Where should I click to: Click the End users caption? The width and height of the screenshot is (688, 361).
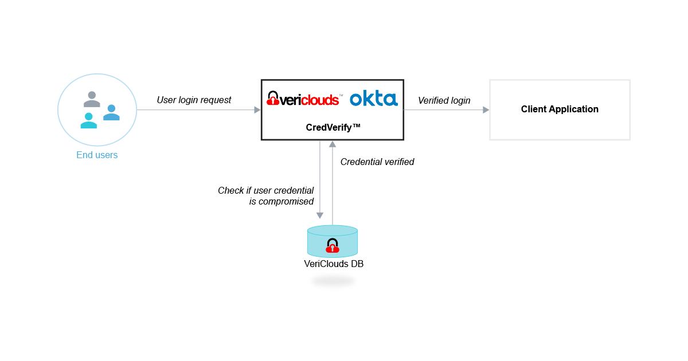(97, 155)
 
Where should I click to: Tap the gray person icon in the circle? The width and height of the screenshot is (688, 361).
(92, 99)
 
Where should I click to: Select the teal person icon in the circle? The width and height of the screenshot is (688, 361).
(88, 120)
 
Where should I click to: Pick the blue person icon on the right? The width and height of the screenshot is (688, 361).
(111, 112)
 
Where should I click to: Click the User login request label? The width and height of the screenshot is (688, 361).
(194, 100)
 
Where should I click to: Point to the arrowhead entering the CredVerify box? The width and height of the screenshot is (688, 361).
(257, 109)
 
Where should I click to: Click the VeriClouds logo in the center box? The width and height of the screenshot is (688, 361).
(304, 99)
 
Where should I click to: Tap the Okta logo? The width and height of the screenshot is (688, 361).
(373, 99)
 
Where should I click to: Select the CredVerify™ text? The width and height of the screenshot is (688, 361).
(333, 127)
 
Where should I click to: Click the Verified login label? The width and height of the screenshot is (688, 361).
(444, 101)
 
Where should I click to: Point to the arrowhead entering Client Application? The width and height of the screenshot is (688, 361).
(486, 109)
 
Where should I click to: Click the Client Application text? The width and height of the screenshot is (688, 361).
(560, 109)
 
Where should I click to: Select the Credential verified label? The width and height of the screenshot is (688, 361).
(377, 162)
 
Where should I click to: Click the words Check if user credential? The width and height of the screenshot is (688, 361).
(265, 190)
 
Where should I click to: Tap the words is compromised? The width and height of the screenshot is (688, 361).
(282, 202)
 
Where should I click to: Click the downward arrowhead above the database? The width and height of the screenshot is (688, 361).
(320, 215)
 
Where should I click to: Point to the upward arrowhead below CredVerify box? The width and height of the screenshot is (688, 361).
(333, 144)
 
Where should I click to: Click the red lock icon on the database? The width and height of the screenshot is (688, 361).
(333, 246)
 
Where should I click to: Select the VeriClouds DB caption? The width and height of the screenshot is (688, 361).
(334, 264)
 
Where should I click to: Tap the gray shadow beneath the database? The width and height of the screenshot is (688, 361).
(333, 281)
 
